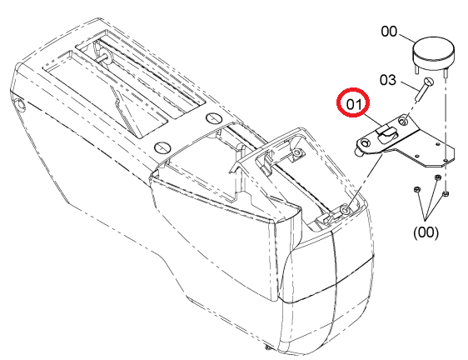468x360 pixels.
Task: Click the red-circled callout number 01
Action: click(x=353, y=104)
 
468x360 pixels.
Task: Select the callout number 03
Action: click(x=388, y=80)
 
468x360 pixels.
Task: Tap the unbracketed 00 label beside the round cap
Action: click(x=389, y=32)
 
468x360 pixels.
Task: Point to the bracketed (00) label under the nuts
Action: click(x=426, y=232)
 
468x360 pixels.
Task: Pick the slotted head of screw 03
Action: click(x=429, y=82)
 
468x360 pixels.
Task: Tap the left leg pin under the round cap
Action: click(x=416, y=67)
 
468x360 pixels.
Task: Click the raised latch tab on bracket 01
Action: click(x=387, y=134)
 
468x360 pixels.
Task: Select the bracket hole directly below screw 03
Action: click(x=404, y=122)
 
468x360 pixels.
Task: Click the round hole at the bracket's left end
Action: click(x=365, y=143)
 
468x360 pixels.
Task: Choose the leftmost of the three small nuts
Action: click(x=416, y=189)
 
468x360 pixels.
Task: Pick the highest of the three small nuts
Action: click(x=438, y=177)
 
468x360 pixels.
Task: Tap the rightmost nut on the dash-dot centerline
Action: click(x=445, y=194)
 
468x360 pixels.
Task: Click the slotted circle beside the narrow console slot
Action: click(x=214, y=118)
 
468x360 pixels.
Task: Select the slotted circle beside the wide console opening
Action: click(x=162, y=147)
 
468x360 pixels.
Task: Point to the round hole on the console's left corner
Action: click(x=21, y=104)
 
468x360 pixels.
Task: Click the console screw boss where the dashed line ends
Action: click(x=346, y=210)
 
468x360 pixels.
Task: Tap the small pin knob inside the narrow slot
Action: click(x=107, y=57)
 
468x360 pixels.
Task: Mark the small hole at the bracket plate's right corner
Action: click(x=445, y=161)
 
